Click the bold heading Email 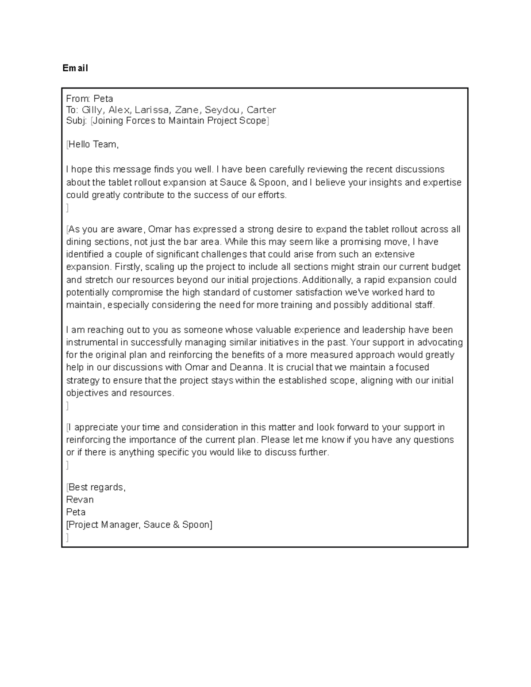click(75, 68)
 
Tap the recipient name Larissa click(152, 110)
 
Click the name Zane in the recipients click(187, 110)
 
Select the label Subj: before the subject click(76, 121)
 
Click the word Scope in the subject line click(253, 121)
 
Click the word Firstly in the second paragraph click(127, 267)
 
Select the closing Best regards click(96, 487)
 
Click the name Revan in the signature click(80, 499)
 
